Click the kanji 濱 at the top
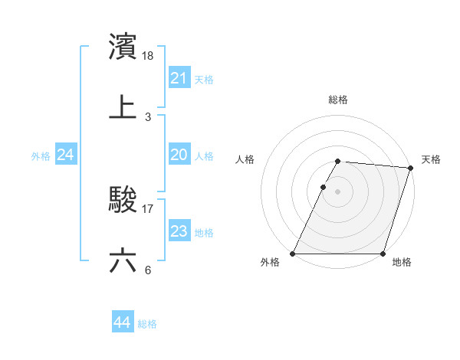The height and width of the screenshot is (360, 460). pos(123,47)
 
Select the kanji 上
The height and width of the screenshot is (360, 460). pos(123,107)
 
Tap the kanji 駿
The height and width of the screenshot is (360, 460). pos(123,200)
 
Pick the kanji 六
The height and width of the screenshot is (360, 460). pos(123,260)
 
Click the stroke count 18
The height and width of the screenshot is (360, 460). pos(149,55)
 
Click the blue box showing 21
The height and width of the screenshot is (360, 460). pos(179,78)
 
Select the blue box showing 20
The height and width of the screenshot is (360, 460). pos(179,155)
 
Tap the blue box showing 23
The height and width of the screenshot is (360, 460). pos(179,231)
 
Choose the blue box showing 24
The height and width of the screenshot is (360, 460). pos(66,155)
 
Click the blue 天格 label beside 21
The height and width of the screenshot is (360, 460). pos(204,80)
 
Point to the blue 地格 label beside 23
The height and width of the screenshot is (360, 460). pos(204,233)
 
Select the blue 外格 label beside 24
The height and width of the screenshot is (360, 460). pos(41,156)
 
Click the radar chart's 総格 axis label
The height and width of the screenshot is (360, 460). pos(338,100)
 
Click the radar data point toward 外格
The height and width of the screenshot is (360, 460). pos(293,254)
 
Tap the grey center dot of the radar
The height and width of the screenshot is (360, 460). pos(338,191)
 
